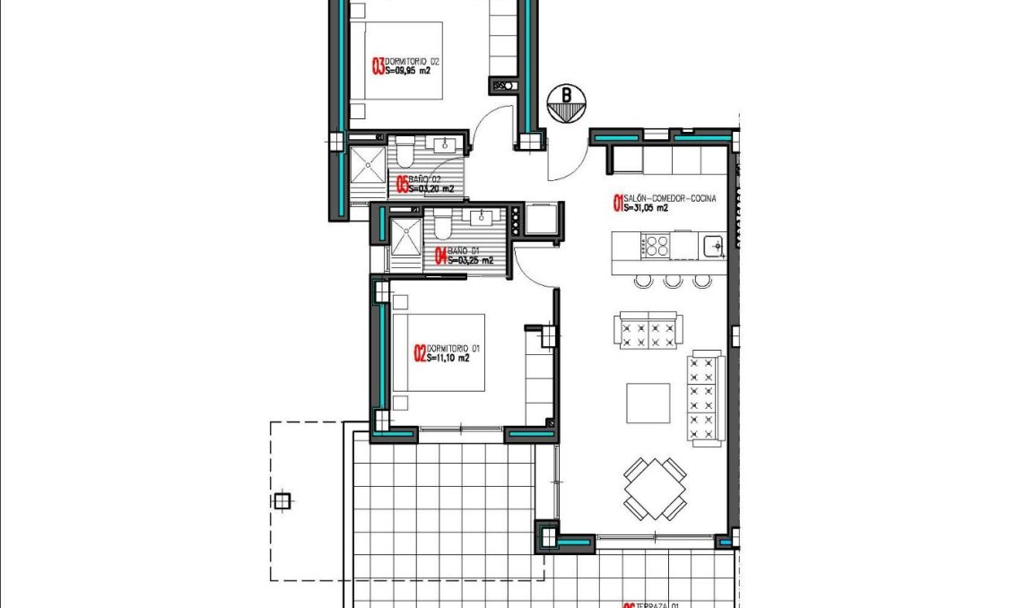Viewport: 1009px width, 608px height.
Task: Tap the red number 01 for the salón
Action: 617,204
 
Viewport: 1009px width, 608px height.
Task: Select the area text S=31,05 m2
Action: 647,209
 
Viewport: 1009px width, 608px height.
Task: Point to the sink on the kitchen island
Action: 714,243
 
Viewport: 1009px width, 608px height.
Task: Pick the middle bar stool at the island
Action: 673,281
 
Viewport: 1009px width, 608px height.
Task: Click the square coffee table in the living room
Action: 648,404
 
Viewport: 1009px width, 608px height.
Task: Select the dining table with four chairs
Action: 656,489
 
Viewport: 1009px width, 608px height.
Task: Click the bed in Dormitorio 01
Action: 439,352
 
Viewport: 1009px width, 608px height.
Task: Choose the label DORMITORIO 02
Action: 413,61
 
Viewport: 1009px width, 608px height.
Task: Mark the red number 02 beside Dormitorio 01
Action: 419,353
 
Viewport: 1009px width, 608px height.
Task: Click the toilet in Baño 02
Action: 404,153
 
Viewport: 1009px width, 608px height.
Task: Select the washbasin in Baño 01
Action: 483,217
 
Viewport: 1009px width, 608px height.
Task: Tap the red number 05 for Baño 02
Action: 402,186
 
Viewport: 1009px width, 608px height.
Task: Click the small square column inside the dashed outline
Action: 283,501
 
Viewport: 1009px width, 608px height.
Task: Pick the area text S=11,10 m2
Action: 448,358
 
